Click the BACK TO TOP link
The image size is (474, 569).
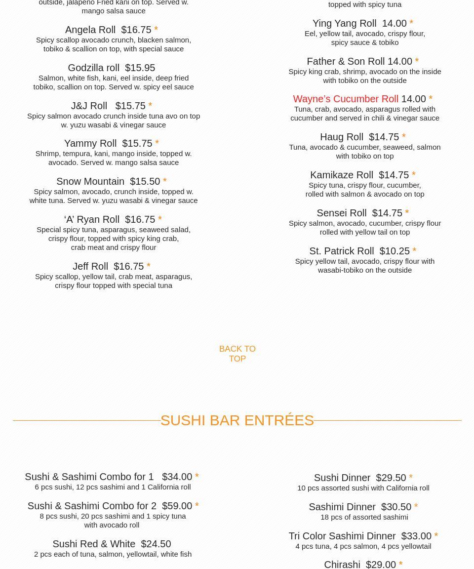(237, 354)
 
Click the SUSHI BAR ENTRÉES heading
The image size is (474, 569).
(237, 420)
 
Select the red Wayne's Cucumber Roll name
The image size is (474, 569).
(345, 99)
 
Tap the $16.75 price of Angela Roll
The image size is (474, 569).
(136, 30)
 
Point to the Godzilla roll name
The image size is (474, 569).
(93, 68)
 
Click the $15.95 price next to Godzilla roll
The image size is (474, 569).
(140, 68)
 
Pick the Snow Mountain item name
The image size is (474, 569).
(90, 181)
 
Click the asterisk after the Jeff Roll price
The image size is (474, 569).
(148, 267)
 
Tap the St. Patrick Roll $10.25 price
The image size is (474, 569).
(395, 251)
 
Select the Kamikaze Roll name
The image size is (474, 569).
(342, 175)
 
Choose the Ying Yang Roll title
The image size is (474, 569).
(344, 23)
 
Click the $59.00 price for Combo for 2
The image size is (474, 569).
(177, 506)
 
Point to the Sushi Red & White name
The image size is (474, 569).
(94, 544)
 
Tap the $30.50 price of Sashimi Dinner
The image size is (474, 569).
(396, 507)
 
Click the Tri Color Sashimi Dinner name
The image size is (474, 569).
(342, 536)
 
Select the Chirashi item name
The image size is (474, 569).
(342, 564)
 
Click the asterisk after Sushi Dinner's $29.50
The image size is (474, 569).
(411, 478)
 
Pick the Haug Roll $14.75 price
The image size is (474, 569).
(384, 137)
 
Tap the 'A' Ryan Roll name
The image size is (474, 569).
(92, 219)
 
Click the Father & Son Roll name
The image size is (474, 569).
(346, 61)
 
